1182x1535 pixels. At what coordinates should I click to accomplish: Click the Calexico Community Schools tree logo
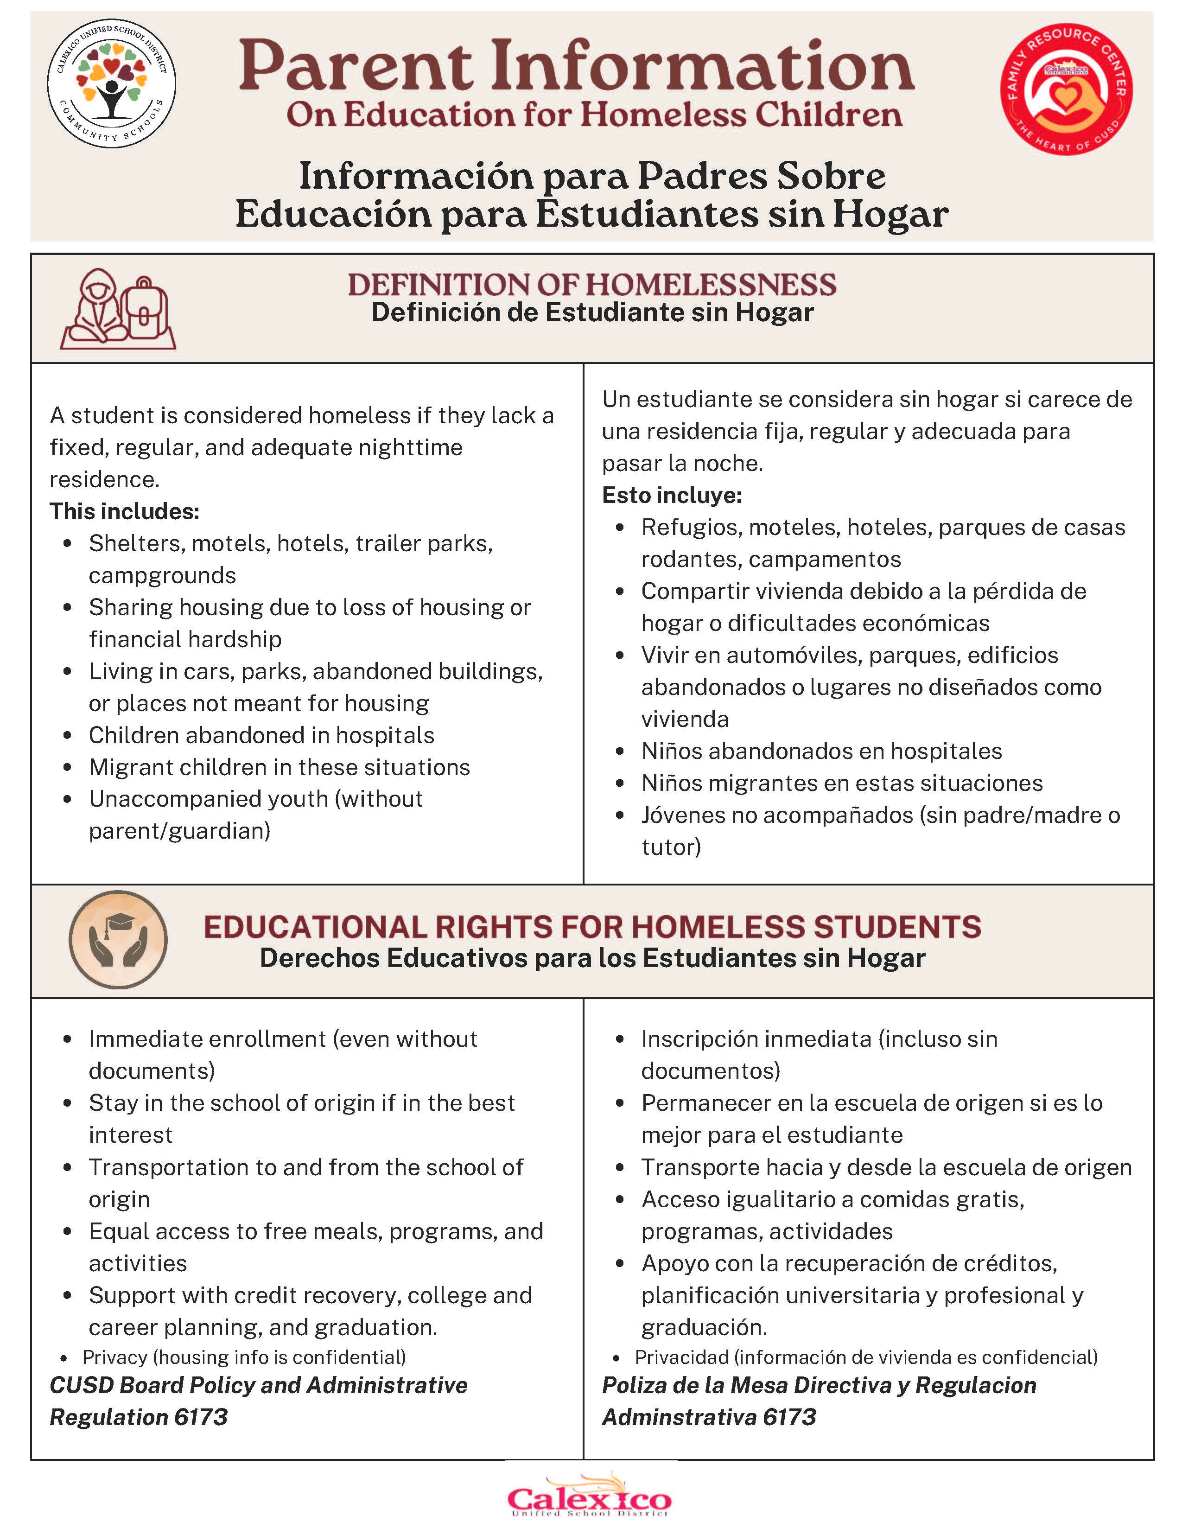[x=111, y=83]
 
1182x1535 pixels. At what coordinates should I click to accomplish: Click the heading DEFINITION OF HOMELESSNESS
[x=592, y=285]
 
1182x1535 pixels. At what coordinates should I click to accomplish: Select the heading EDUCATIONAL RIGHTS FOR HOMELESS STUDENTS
[x=592, y=927]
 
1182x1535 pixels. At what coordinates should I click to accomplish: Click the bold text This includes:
[x=124, y=511]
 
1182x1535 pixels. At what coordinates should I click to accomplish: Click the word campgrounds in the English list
[x=162, y=575]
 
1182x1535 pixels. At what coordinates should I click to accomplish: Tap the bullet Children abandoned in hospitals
[x=261, y=735]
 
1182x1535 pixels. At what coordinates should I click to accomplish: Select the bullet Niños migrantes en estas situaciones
[x=842, y=783]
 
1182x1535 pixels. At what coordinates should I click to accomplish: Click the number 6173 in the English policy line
[x=201, y=1417]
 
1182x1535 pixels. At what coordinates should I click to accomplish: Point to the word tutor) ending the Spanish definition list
[x=671, y=847]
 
